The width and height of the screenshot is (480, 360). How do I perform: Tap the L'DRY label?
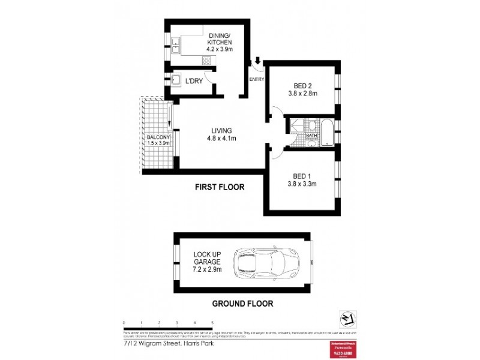point(194,80)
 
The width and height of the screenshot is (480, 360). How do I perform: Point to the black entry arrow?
point(258,61)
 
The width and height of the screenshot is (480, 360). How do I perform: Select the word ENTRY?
point(257,79)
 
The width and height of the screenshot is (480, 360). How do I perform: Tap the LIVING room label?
point(221,131)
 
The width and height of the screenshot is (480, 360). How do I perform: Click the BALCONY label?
point(158,137)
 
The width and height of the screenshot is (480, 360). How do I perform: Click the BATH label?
point(311,136)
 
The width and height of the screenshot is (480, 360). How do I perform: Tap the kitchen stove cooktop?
point(207,60)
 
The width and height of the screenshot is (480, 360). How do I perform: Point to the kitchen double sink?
point(176,46)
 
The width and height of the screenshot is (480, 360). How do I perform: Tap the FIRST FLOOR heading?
point(220,187)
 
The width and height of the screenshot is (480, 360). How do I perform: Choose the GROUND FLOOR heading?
point(242,304)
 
